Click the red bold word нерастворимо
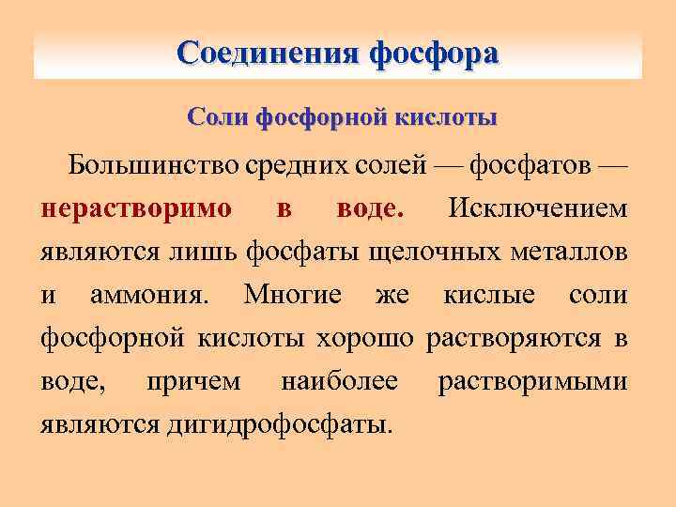[136, 208]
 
